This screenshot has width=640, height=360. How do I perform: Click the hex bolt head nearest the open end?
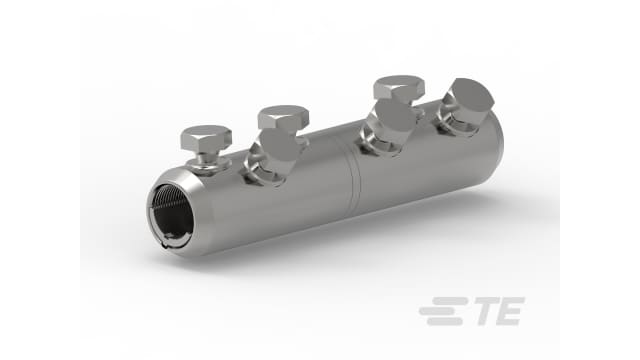pos(209,136)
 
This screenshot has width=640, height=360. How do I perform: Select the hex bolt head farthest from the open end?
pos(398,87)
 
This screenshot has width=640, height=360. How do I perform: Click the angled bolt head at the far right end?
pos(466,101)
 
